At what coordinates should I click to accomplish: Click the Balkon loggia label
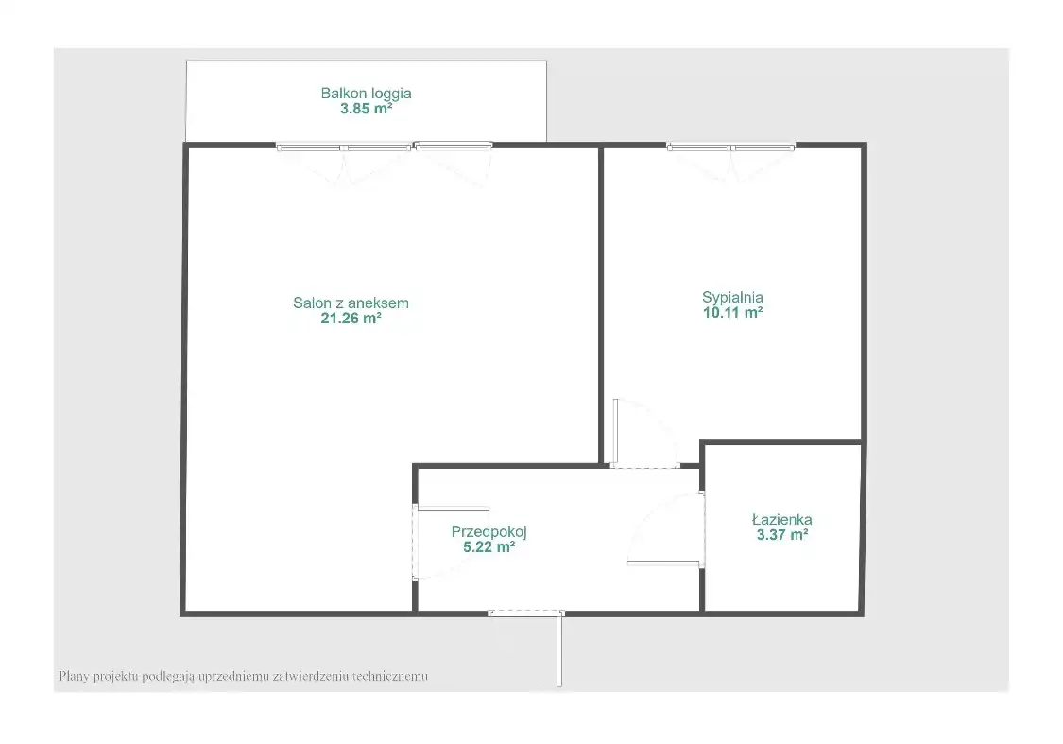tap(366, 94)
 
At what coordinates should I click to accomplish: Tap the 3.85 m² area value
tap(366, 109)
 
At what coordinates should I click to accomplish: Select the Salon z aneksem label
tap(351, 303)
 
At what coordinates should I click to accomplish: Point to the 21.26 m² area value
tap(351, 318)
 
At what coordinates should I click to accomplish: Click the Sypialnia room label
tap(732, 297)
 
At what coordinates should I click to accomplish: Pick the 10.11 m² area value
tap(732, 313)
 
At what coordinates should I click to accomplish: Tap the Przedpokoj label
tap(489, 531)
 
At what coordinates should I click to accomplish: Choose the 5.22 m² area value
tap(489, 546)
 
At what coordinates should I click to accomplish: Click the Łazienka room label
tap(781, 520)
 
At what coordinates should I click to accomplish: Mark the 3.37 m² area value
tap(781, 534)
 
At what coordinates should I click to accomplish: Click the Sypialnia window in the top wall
tap(730, 146)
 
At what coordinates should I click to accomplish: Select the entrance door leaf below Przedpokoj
tap(559, 649)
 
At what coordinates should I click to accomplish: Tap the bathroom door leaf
tap(664, 562)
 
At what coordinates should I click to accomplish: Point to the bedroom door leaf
tap(615, 432)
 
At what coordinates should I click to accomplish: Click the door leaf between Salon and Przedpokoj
tap(453, 509)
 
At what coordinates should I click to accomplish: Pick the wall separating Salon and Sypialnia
tap(601, 305)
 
